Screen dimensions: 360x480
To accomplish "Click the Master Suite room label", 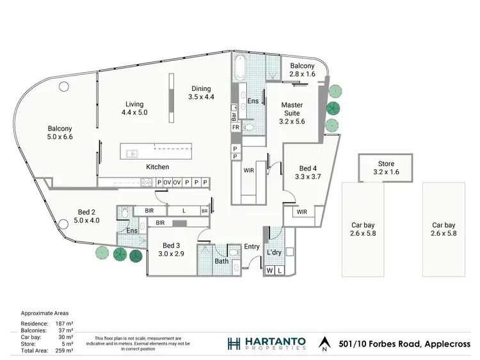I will click(292, 112).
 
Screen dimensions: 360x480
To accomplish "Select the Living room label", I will click(134, 108).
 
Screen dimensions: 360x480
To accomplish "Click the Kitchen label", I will click(157, 167).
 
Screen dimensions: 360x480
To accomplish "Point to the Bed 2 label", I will click(86, 217).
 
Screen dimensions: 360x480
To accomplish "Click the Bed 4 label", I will click(307, 171).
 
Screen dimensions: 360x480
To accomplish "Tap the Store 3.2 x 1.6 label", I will click(386, 168).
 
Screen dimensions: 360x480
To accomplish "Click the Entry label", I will click(252, 247).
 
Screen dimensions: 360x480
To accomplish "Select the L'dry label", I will click(274, 252).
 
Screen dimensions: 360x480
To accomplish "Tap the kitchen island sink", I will click(132, 153).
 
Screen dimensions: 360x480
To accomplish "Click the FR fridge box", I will click(235, 127).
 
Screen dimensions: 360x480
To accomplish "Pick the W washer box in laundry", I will click(270, 272).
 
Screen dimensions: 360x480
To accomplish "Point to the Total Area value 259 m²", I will click(66, 349).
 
